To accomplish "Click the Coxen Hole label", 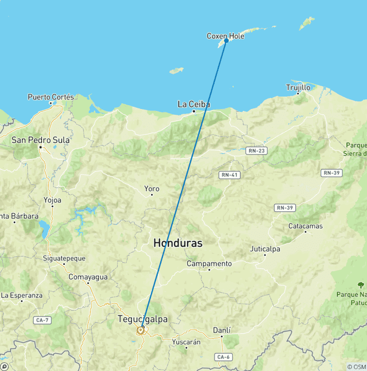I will tap(225, 36).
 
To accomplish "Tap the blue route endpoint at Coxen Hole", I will tap(226, 41).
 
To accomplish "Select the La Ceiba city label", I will tap(194, 104).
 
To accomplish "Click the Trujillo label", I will tap(298, 87).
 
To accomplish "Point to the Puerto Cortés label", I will tap(51, 97).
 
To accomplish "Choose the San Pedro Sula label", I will tap(41, 140).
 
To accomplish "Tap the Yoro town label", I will tap(151, 188).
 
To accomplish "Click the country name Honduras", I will tap(178, 243).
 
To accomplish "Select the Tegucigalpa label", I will tap(142, 319).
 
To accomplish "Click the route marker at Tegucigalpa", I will tap(141, 329).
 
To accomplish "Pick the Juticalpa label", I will tap(265, 249).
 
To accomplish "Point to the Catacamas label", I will tap(305, 226).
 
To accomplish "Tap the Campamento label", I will tap(209, 263).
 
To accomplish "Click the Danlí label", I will tap(221, 330).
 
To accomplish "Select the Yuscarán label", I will tap(186, 342).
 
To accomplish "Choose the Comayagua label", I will tap(88, 277).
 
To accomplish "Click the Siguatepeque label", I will tap(64, 258).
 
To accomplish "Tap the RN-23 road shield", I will tap(257, 151).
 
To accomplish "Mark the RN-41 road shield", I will tap(229, 175).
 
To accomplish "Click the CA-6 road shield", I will tap(222, 357).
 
